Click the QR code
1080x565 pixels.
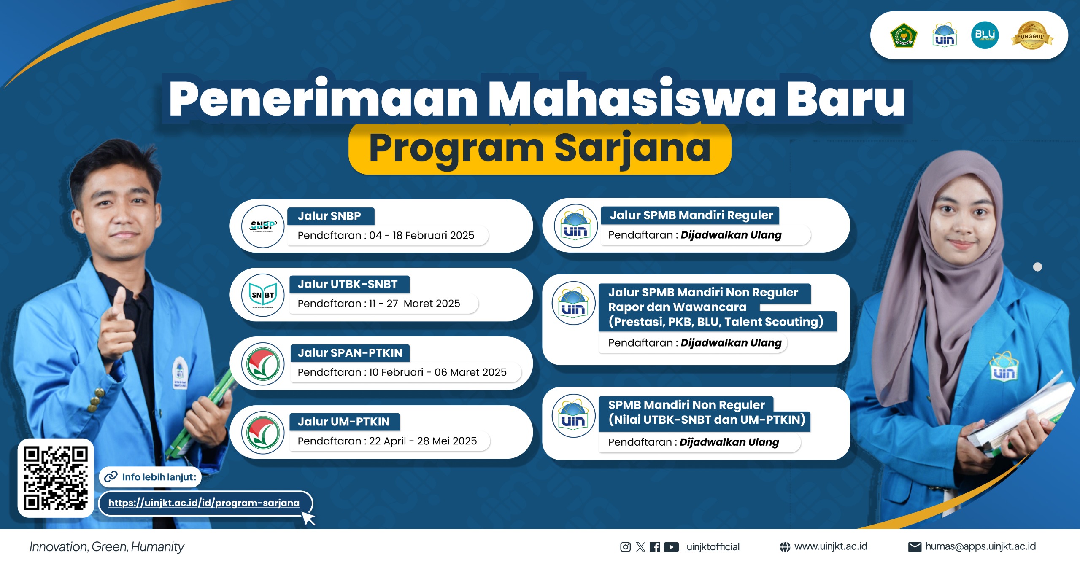56,478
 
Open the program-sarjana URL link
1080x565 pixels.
204,503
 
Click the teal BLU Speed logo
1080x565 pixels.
985,35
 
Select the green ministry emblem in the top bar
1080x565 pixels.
903,36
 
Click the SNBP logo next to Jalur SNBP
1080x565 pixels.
263,226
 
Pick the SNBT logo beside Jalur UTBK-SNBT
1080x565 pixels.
263,295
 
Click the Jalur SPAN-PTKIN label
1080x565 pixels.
350,353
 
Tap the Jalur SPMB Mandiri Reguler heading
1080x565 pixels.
691,215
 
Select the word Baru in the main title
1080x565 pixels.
845,99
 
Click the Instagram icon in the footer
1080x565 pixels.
625,547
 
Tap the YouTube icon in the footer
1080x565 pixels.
671,547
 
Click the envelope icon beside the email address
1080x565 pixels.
914,547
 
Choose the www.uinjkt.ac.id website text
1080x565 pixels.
831,546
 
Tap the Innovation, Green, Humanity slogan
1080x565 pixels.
107,547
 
